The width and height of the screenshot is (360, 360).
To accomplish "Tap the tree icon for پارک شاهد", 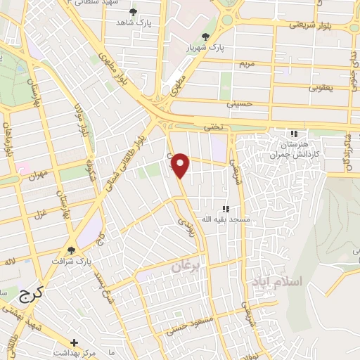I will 134,12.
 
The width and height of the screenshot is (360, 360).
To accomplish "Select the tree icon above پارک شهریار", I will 205,37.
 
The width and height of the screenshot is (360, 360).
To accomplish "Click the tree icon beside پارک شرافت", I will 71,250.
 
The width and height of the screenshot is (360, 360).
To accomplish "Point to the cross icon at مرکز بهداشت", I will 75,342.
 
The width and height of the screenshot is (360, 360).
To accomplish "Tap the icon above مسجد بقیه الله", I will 226,209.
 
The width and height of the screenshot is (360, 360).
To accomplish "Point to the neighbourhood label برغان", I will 187,267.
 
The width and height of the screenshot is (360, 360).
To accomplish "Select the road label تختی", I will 212,127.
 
